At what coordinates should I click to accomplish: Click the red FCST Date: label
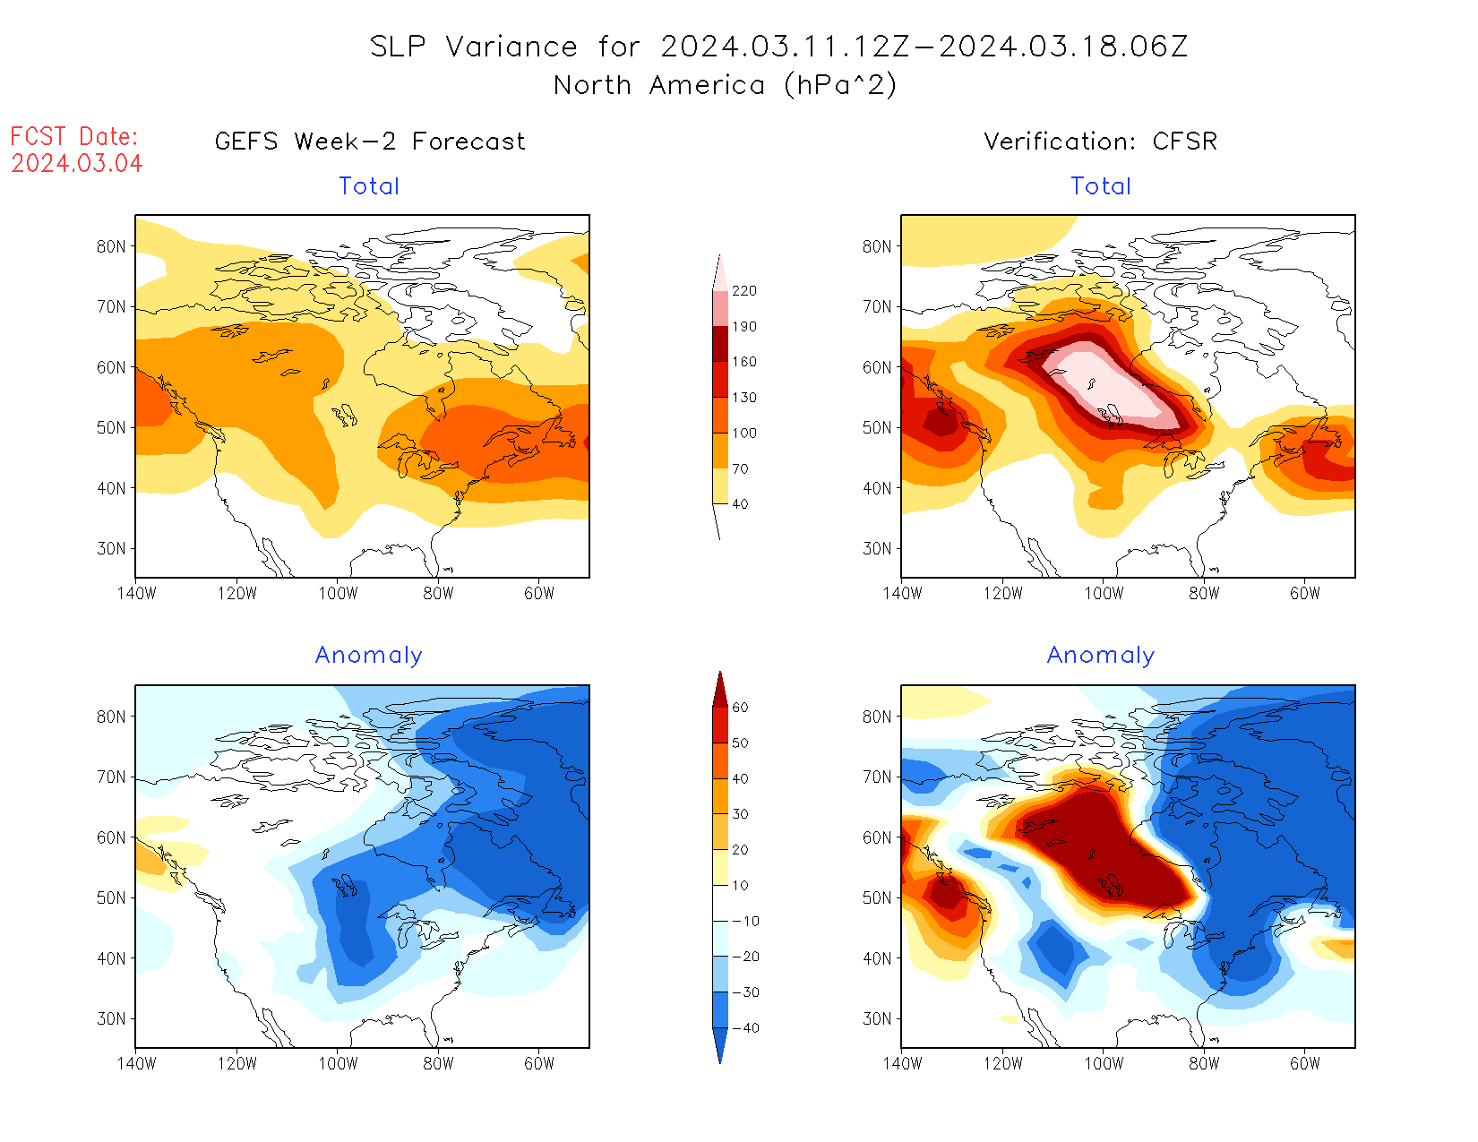[x=74, y=137]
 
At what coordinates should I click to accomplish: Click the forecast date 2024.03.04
[x=77, y=163]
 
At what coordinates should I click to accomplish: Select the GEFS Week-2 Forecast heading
[x=370, y=142]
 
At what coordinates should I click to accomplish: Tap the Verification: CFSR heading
[x=1100, y=142]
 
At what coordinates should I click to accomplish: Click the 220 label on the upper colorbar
[x=743, y=291]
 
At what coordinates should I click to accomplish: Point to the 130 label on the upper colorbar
[x=743, y=398]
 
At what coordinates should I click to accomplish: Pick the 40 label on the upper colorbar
[x=740, y=504]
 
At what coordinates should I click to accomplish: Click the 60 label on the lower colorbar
[x=740, y=708]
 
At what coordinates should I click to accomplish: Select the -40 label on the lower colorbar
[x=745, y=1028]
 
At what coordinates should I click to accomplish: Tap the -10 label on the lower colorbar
[x=745, y=921]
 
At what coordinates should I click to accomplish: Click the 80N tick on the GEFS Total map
[x=111, y=247]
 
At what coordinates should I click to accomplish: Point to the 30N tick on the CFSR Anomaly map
[x=877, y=1019]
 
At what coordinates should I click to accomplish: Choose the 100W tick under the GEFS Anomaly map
[x=338, y=1064]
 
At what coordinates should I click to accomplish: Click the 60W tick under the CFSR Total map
[x=1305, y=594]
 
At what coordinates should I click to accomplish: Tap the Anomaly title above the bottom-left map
[x=368, y=656]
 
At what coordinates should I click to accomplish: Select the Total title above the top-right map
[x=1101, y=186]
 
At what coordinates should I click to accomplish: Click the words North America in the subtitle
[x=659, y=86]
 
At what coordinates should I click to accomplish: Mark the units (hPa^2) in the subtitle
[x=839, y=86]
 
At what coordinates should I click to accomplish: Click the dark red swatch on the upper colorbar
[x=720, y=344]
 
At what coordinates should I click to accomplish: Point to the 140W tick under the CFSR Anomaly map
[x=902, y=1064]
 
